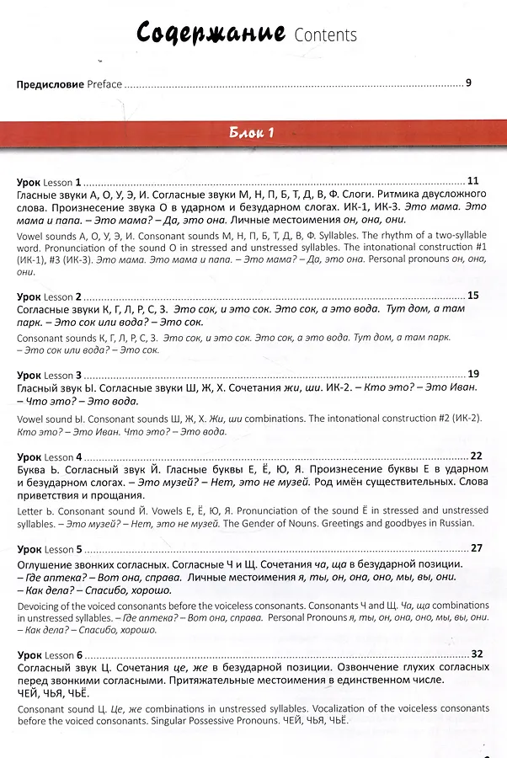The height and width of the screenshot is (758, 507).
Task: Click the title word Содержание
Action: coord(211,34)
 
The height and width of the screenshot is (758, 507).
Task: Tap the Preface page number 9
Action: coord(468,83)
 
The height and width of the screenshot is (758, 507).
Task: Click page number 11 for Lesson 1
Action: coord(472,181)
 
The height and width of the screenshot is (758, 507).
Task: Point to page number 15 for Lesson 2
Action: coord(472,296)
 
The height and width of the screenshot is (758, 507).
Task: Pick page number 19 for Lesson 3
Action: coord(472,374)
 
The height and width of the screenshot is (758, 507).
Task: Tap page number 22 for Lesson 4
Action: coord(476,455)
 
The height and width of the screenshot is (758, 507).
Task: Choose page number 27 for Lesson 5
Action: coord(476,548)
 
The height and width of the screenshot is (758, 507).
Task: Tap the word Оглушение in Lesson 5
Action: coord(48,563)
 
